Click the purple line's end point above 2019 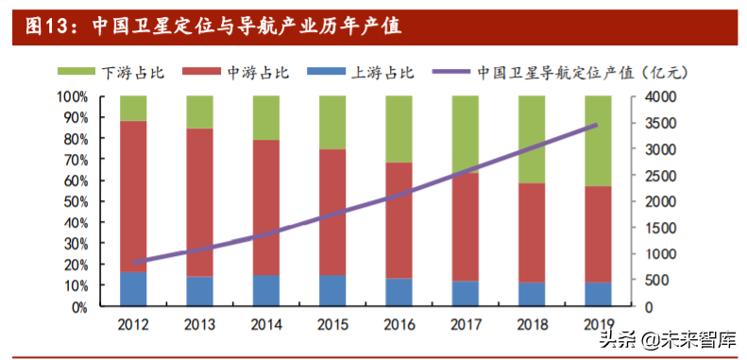tap(597, 125)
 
